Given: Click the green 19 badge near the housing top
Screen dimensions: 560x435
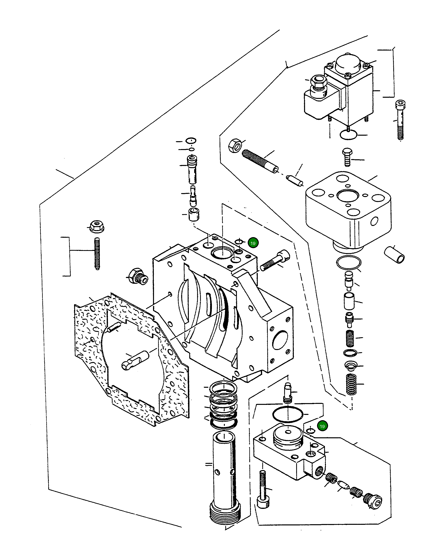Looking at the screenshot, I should click(253, 243).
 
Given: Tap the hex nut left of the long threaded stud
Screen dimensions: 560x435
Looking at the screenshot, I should click(235, 146).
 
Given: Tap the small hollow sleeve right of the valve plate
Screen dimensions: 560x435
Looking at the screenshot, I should click(394, 255).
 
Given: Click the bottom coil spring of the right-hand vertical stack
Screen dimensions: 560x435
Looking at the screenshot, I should click(352, 385).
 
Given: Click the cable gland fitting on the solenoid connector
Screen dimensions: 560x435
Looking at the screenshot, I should click(317, 83).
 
